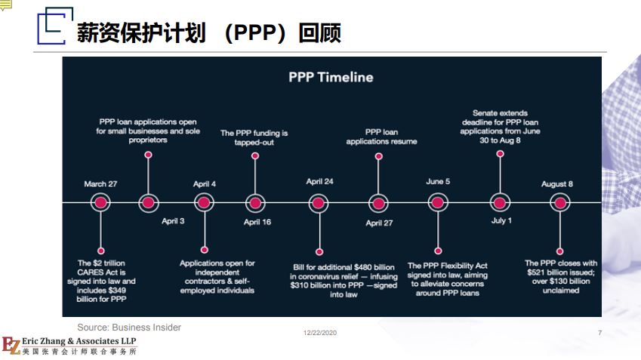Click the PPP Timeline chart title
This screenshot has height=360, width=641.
[x=331, y=77]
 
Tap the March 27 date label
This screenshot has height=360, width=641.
[x=100, y=184]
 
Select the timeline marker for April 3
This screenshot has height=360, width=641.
[x=149, y=203]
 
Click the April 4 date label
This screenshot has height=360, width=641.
[x=205, y=184]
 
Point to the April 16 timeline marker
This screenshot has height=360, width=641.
[x=255, y=203]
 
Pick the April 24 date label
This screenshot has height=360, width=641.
[x=319, y=181]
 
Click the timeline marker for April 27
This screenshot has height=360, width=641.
[x=378, y=204]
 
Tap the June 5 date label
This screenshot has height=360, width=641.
[x=438, y=181]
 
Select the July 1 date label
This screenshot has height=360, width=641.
[x=501, y=220]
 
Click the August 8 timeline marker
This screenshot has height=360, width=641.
[x=560, y=203]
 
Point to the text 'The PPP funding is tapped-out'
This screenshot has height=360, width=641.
[x=254, y=137]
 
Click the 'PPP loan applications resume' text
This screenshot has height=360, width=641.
[x=381, y=137]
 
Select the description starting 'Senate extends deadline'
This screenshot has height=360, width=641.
[x=500, y=127]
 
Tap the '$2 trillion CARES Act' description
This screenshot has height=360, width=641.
[x=101, y=282]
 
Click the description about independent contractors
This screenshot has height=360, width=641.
[x=217, y=277]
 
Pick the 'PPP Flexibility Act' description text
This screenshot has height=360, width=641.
[x=448, y=279]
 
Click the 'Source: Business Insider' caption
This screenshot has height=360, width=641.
[x=129, y=328]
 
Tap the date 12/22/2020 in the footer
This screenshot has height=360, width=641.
[x=320, y=333]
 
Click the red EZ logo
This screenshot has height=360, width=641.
[x=11, y=346]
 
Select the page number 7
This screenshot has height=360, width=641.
[x=599, y=333]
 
